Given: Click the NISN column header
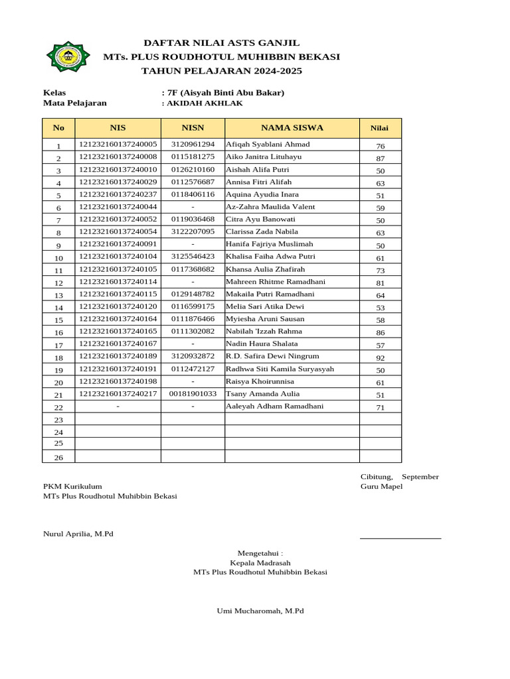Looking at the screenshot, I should [x=193, y=128].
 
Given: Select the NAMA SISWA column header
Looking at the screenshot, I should [x=292, y=128].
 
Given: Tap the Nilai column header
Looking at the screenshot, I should [x=380, y=128].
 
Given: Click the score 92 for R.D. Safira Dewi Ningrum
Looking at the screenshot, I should [x=381, y=357].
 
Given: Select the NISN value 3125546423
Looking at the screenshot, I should [x=193, y=257].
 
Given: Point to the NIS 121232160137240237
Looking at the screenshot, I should [x=118, y=194].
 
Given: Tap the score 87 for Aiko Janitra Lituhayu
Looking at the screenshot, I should [x=381, y=158].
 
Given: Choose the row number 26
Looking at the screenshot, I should [x=58, y=458].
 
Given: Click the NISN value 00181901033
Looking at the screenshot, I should [x=193, y=394].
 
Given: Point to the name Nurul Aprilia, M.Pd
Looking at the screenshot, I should [x=78, y=534].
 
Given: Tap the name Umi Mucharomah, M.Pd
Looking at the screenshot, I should [x=260, y=611].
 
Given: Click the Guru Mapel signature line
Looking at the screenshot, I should [x=400, y=538].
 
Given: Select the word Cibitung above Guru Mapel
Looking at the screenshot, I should [x=377, y=477].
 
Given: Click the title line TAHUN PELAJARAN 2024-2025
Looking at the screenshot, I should [x=222, y=70].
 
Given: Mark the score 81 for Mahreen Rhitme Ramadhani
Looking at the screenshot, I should [x=381, y=283].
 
